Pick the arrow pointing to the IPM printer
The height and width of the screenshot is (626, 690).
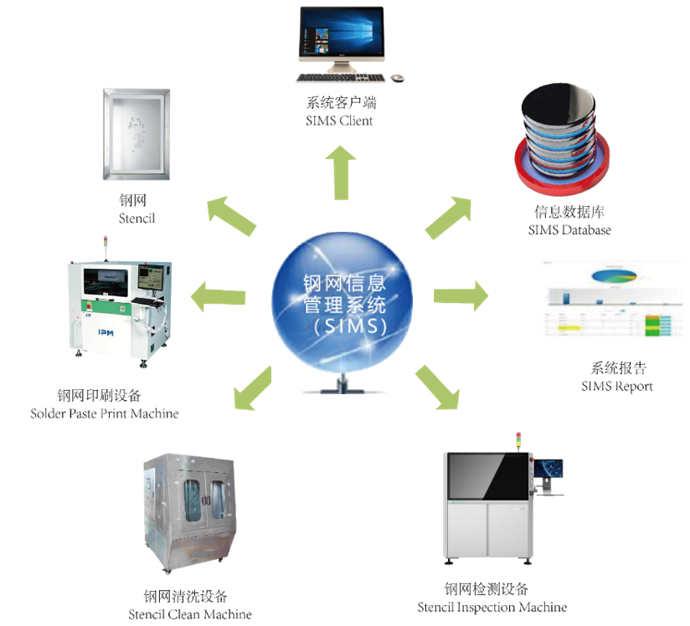(219, 296)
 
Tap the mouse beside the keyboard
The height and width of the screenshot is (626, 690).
(397, 78)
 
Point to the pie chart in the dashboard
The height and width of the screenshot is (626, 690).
(614, 275)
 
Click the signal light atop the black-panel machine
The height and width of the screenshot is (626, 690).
(517, 439)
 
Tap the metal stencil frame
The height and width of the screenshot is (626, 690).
(136, 134)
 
